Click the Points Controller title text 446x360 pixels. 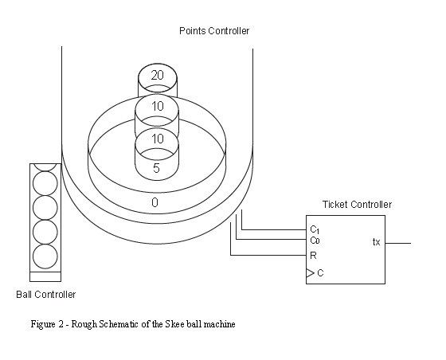[214, 31]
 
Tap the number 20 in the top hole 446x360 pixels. [158, 76]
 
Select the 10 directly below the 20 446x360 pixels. [158, 107]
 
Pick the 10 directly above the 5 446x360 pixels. [158, 139]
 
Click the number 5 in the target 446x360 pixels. [156, 168]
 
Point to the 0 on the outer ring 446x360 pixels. [155, 202]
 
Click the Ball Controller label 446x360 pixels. [46, 295]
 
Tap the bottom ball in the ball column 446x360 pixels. [45, 256]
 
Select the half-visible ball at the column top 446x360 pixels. [45, 167]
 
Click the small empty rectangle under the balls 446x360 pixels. [45, 276]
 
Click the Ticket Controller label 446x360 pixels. [357, 204]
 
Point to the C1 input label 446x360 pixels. [315, 229]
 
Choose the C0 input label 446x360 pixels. [315, 241]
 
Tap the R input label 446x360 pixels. [313, 256]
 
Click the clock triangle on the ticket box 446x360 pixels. [310, 273]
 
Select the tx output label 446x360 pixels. [376, 242]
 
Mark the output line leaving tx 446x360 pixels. [398, 243]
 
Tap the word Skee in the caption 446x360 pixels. [174, 324]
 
